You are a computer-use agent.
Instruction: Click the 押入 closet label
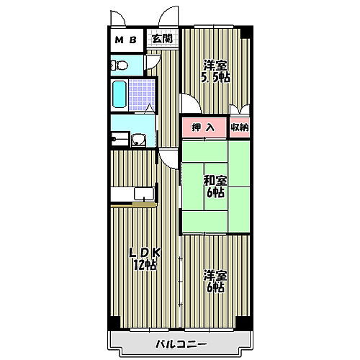[203, 127]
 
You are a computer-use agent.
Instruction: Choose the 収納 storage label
[240, 127]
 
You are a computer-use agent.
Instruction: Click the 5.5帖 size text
[215, 77]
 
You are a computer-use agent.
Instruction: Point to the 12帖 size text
[145, 265]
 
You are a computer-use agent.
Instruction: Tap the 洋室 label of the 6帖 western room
[214, 275]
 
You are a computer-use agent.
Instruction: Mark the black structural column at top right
[246, 32]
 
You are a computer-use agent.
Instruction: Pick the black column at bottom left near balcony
[114, 323]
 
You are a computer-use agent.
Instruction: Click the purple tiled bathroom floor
[144, 94]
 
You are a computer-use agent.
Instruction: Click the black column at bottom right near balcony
[246, 323]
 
